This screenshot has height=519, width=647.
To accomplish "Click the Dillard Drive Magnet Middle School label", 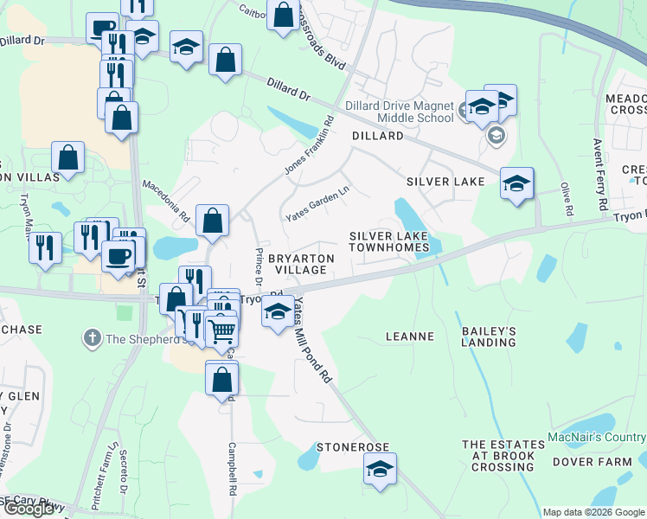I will pyautogui.click(x=399, y=112).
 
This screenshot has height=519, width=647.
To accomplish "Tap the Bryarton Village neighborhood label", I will pyautogui.click(x=302, y=264).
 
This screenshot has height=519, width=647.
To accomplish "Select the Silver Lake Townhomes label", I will pyautogui.click(x=388, y=241).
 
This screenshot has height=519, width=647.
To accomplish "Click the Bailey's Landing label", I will pyautogui.click(x=489, y=336).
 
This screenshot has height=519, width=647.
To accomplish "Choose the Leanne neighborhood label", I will pyautogui.click(x=409, y=336).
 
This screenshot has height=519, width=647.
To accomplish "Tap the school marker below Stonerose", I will pyautogui.click(x=379, y=469).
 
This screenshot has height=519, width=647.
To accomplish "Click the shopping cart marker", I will pyautogui.click(x=222, y=330).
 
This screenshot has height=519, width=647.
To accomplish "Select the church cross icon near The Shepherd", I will pyautogui.click(x=93, y=338).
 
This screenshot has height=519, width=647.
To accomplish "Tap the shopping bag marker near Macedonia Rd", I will pyautogui.click(x=212, y=221).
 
